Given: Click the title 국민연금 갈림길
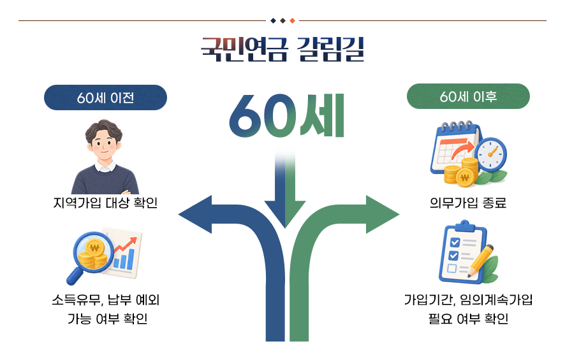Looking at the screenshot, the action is point(282,49).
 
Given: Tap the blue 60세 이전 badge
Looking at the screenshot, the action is point(105,97).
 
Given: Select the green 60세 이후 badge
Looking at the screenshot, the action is point(468,96).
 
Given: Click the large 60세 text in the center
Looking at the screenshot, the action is point(287,115).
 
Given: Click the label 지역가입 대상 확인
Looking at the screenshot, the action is point(105,203).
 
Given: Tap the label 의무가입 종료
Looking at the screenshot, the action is point(468,203).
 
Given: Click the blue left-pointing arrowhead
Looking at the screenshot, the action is point(196,215).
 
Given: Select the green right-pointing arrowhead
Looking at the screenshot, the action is point(382,215).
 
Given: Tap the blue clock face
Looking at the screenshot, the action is point(490,154).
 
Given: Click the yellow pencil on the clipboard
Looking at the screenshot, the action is point(481,261).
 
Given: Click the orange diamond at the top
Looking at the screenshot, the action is point(292,21).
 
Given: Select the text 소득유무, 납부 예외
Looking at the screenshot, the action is point(105,300).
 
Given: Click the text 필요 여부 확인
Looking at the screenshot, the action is point(468,319).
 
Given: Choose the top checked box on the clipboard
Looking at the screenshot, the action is point(455,242).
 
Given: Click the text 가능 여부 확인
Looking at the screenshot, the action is point(107,319).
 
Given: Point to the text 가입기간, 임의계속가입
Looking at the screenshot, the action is point(468,300).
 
